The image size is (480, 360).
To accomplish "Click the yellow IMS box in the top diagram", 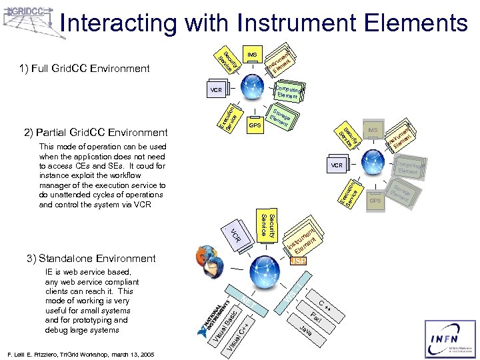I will [252, 54].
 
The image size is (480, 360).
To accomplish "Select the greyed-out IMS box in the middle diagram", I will [372, 129].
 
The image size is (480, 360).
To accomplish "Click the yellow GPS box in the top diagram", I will [254, 125].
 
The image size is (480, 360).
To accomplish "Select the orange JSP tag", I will [299, 261].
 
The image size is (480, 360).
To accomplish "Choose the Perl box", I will [317, 318].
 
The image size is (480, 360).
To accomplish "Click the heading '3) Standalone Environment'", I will [97, 259].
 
